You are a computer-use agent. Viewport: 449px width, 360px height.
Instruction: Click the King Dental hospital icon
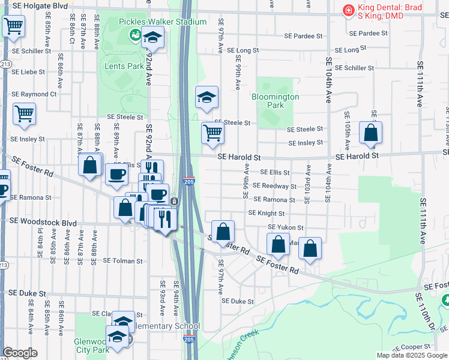347,10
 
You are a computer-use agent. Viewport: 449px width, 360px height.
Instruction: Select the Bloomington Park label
275,100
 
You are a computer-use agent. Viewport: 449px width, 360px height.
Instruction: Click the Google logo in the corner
19,352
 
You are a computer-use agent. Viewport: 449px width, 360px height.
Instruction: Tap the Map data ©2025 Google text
411,355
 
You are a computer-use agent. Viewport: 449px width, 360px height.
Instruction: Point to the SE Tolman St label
122,261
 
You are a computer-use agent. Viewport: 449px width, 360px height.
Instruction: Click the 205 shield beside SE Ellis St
189,181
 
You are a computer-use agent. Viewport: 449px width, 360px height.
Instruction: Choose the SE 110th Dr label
426,311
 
